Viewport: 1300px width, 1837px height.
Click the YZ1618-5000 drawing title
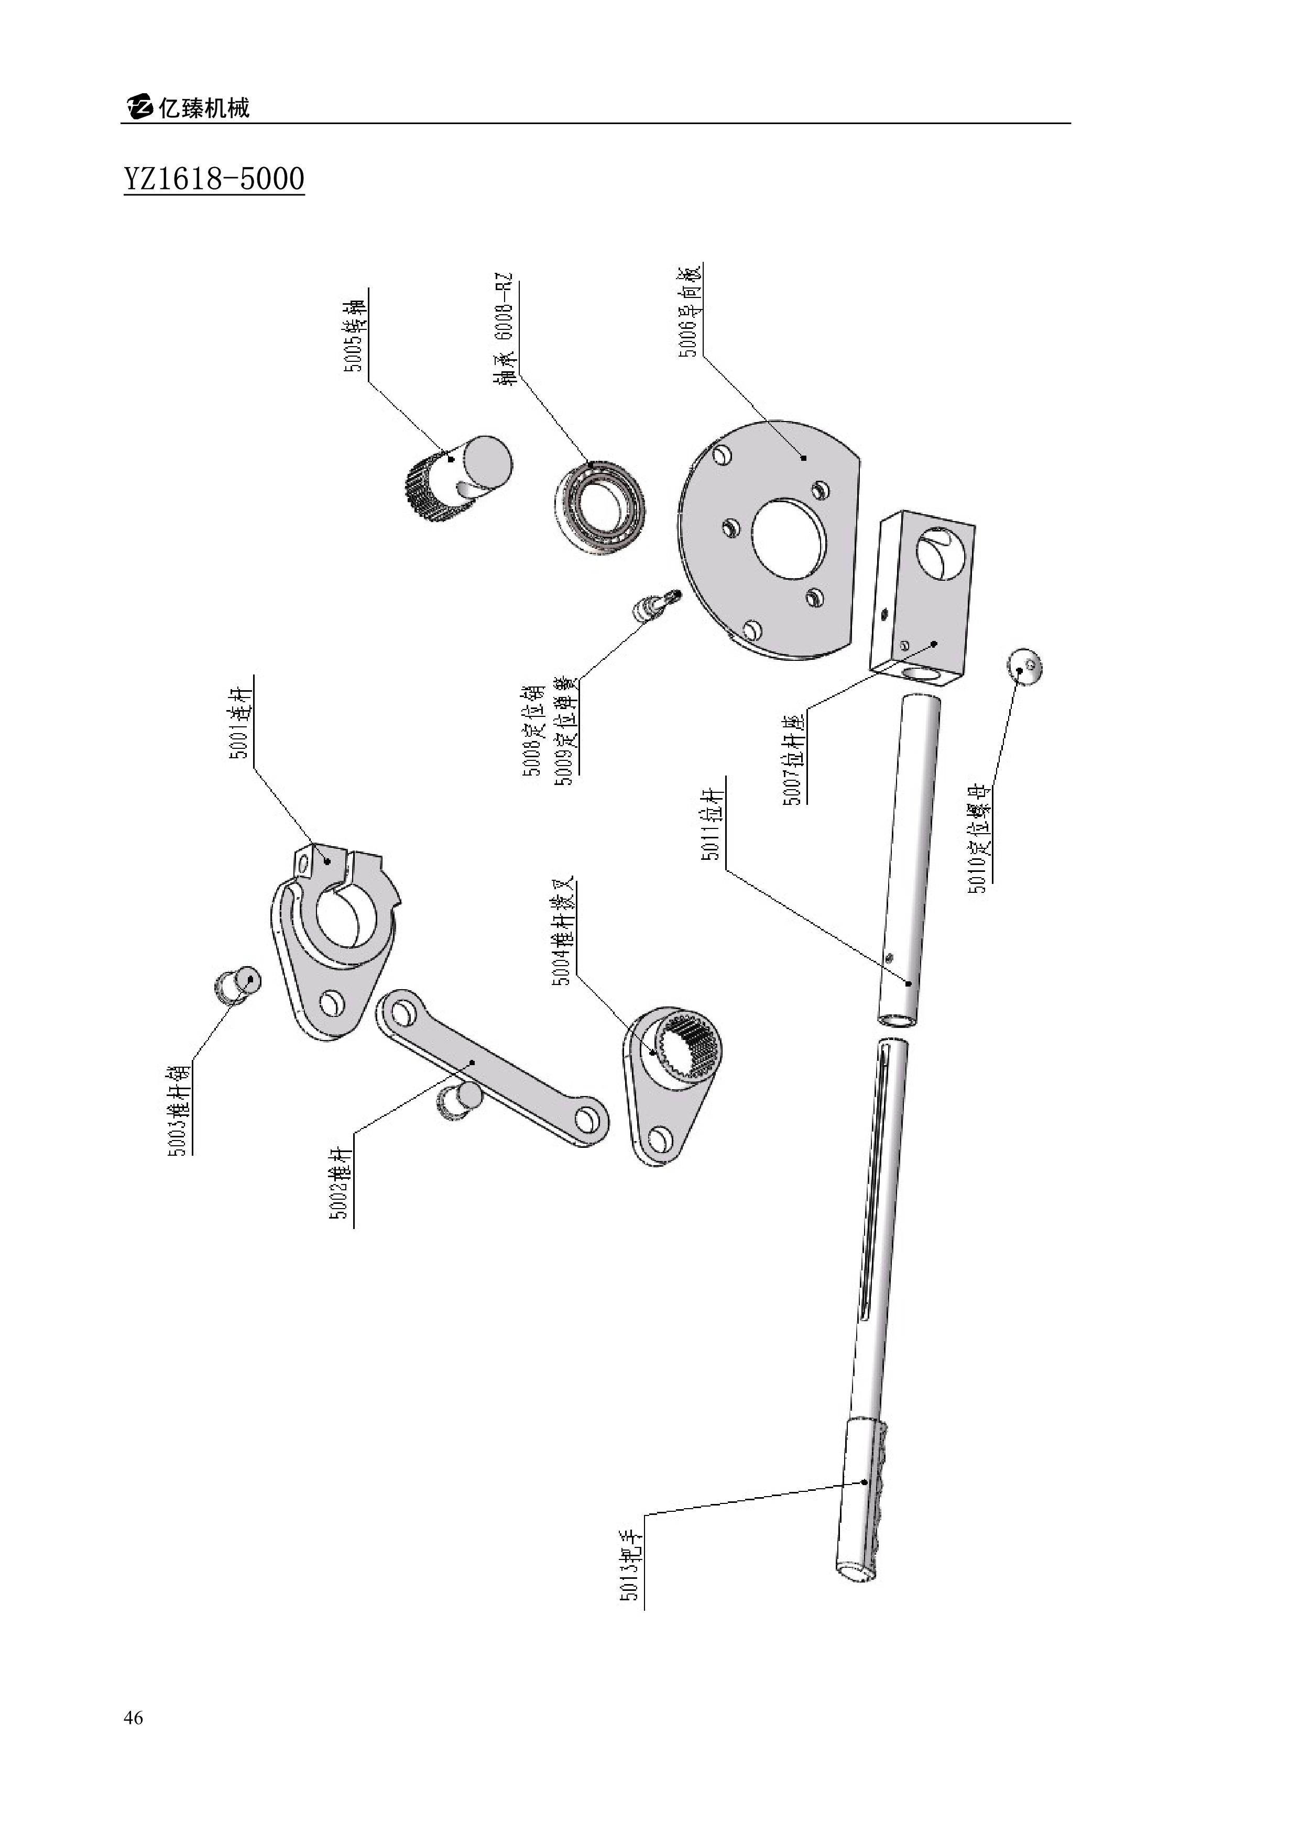[x=214, y=179]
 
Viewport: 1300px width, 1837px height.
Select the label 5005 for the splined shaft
[x=355, y=336]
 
